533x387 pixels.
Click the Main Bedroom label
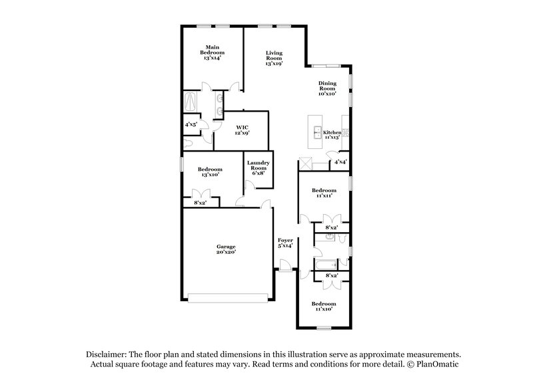point(213,53)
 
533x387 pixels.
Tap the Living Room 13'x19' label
point(273,58)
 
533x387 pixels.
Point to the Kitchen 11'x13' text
point(332,134)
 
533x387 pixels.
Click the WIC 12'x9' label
point(242,130)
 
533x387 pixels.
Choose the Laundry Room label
point(258,168)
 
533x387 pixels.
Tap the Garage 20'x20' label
point(226,249)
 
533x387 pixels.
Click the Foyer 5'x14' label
point(285,243)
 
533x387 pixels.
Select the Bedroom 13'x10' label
point(210,172)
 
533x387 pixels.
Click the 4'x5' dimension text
point(191,124)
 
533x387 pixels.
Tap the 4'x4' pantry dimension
point(340,162)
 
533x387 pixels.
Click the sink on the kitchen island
point(318,131)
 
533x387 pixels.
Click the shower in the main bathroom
point(191,102)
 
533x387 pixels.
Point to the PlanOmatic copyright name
point(440,365)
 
